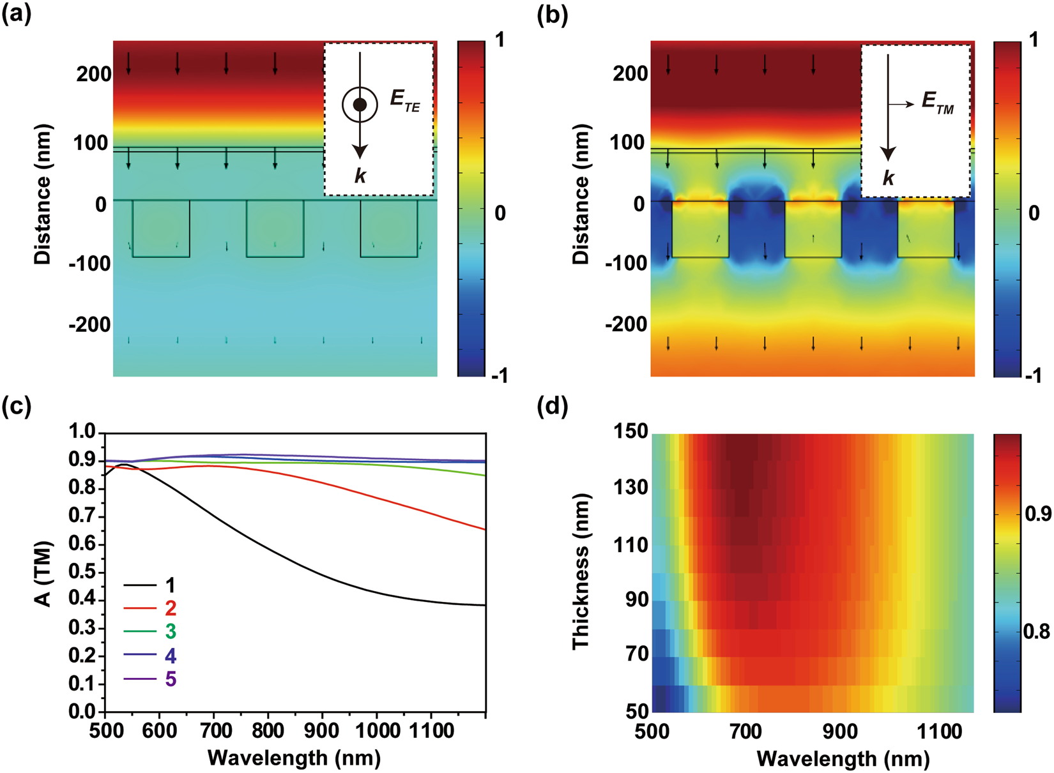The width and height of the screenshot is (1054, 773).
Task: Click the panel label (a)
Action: (x=16, y=15)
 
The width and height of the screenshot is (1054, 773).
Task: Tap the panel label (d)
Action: (x=553, y=407)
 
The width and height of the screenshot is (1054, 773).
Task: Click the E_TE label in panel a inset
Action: (x=404, y=101)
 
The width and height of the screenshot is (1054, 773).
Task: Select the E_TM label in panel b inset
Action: (x=937, y=101)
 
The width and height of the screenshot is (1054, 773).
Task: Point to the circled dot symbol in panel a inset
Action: (x=360, y=105)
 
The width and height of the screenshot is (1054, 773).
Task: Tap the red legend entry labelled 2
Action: (x=170, y=608)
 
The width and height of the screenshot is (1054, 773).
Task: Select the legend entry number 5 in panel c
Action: (x=171, y=679)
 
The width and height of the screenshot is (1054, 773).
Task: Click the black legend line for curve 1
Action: (x=140, y=585)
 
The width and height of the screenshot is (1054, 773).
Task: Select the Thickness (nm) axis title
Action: (x=581, y=571)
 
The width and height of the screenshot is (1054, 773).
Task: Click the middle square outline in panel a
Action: (x=275, y=229)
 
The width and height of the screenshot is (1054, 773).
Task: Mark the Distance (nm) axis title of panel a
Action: (x=43, y=195)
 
